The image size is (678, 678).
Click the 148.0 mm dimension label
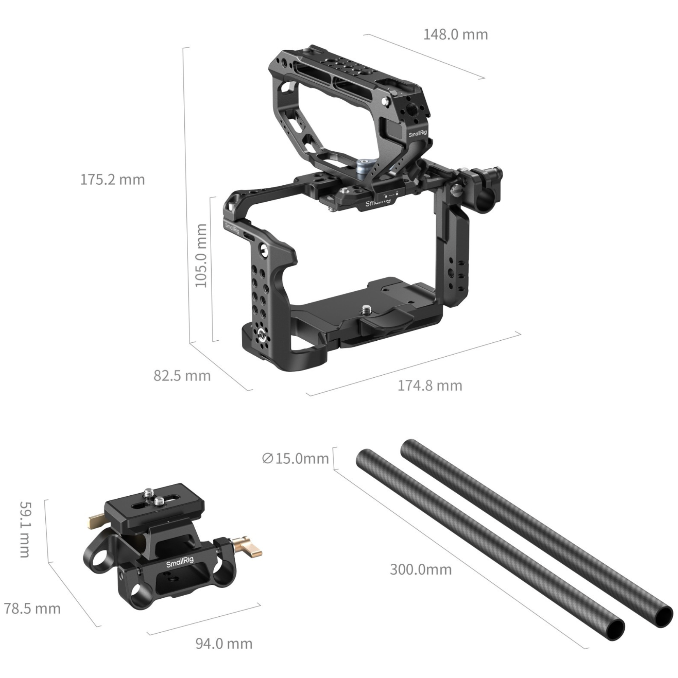(x=456, y=34)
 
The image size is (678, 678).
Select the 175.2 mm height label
(x=112, y=179)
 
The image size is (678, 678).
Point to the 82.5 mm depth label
(x=182, y=376)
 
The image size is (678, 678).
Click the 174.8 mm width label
(x=430, y=386)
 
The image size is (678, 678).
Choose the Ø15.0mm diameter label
(x=296, y=458)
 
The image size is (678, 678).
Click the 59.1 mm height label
(x=24, y=529)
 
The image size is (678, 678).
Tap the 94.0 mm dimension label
(x=224, y=644)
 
